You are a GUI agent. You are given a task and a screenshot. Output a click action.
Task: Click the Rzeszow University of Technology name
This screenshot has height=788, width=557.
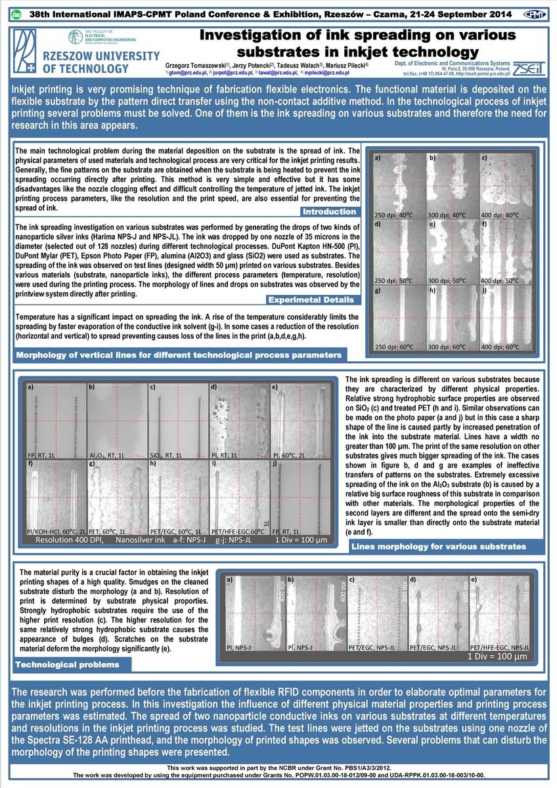pyautogui.click(x=85, y=61)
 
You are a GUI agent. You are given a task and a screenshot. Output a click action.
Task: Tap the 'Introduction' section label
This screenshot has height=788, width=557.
pyautogui.click(x=330, y=211)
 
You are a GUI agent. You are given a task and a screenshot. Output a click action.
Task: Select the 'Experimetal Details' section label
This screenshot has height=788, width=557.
pyautogui.click(x=312, y=300)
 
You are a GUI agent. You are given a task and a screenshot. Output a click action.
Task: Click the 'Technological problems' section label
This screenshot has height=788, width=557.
pyautogui.click(x=67, y=665)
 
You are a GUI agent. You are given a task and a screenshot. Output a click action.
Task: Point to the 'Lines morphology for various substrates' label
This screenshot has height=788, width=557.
pyautogui.click(x=439, y=546)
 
